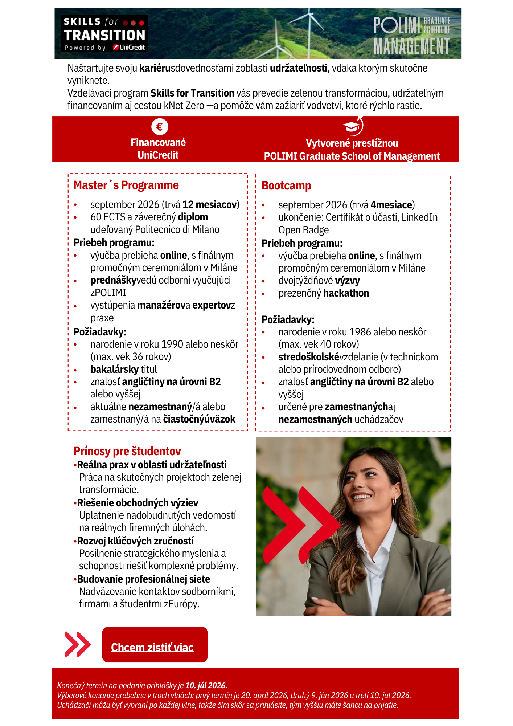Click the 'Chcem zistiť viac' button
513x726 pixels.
tap(155, 645)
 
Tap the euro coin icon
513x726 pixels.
tap(160, 127)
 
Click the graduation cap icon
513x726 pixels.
tap(352, 127)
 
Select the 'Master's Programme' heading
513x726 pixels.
tap(126, 185)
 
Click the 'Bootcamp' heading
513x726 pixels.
tap(286, 186)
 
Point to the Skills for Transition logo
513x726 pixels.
tap(104, 33)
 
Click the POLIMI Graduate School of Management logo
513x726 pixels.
tap(412, 36)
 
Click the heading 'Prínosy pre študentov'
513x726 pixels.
tap(127, 451)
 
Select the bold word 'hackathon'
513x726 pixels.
tap(346, 293)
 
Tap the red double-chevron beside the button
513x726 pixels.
tap(77, 645)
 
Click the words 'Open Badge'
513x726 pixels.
tap(303, 230)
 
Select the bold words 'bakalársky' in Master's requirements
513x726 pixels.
tap(114, 370)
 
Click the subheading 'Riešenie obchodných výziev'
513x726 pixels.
tap(138, 503)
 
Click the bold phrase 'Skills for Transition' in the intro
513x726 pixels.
tap(192, 93)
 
